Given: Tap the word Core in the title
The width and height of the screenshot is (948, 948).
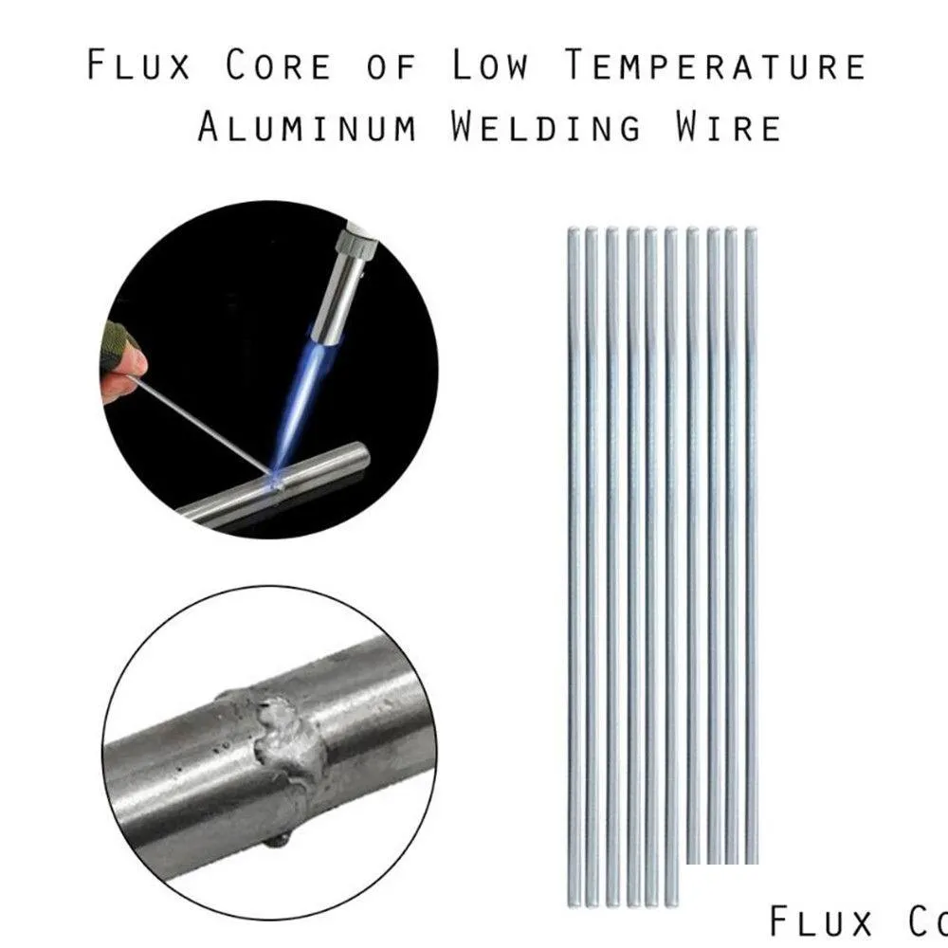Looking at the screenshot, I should [x=279, y=66].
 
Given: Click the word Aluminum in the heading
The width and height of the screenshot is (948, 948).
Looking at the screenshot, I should [x=306, y=127].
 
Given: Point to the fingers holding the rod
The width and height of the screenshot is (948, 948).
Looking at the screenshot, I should [x=127, y=365].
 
